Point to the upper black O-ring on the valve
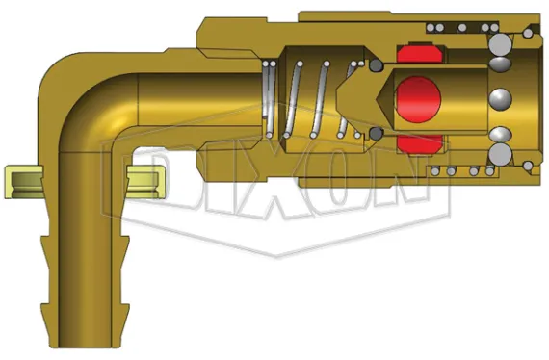(x=375, y=67)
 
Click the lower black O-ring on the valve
(x=375, y=133)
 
